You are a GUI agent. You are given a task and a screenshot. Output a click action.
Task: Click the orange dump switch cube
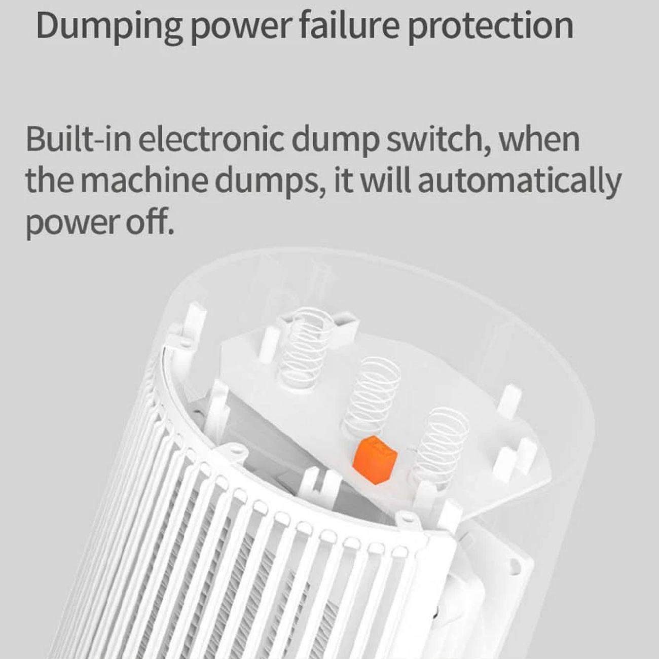[x=375, y=460]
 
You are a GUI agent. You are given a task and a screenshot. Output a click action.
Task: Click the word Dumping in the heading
[x=109, y=27]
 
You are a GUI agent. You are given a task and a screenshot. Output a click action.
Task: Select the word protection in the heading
[x=491, y=27]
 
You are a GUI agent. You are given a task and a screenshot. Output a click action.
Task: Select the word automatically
[x=520, y=184]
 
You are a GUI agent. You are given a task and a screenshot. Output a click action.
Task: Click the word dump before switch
[x=335, y=141]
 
